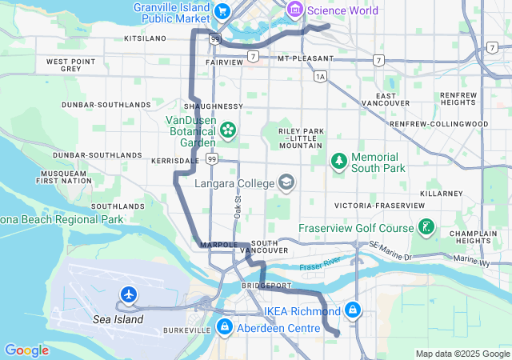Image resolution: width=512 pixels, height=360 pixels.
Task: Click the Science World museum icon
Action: [x=294, y=10]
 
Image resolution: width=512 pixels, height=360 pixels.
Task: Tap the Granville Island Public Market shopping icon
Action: [x=222, y=11]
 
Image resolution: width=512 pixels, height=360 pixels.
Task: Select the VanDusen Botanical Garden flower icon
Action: [x=228, y=129]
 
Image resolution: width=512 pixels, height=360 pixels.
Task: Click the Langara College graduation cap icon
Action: [x=286, y=183]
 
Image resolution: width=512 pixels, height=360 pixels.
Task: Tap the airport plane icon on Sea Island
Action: [x=128, y=295]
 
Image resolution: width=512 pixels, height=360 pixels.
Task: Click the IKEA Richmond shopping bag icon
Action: [x=353, y=310]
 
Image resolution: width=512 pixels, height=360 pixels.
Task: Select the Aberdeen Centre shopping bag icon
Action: [x=225, y=327]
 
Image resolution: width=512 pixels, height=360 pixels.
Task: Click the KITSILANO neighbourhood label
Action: [x=145, y=38]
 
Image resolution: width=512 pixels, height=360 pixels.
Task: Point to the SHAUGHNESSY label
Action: [x=213, y=106]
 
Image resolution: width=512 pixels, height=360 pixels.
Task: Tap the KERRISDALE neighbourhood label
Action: [x=175, y=161]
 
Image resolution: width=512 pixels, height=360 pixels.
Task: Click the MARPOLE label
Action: [x=215, y=244]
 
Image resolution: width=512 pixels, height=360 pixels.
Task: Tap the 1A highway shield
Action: [x=321, y=77]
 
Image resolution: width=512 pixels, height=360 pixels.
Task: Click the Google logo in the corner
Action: [x=26, y=350]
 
